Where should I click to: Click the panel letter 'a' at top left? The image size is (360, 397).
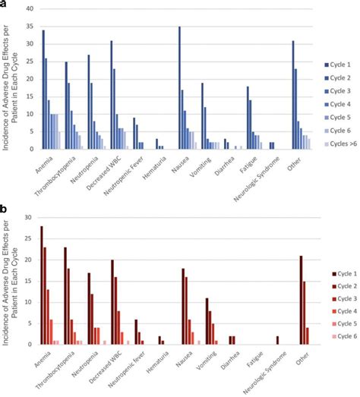pos(4,5)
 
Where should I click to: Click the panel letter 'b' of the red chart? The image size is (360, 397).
pos(4,206)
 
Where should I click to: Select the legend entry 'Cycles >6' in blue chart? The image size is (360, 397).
pos(339,140)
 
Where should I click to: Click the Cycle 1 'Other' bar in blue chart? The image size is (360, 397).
pos(292,95)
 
